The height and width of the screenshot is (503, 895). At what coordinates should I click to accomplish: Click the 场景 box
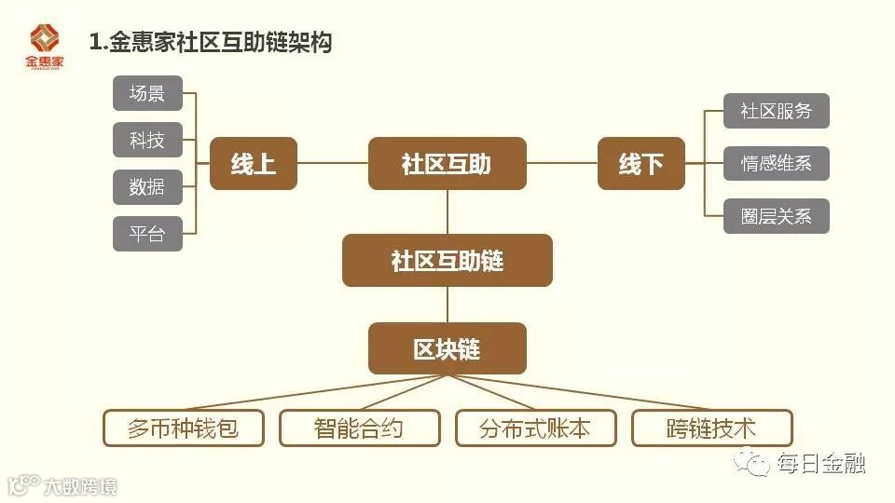coord(147,93)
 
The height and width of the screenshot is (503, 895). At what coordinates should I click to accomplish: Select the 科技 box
coord(147,141)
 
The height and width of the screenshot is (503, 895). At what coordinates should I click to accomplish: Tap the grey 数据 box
coord(147,187)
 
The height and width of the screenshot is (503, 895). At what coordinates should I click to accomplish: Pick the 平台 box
coord(147,234)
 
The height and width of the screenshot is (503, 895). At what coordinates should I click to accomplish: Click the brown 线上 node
coord(254,164)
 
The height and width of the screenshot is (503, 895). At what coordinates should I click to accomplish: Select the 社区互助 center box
coord(447,164)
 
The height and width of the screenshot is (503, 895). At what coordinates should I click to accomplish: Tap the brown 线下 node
coord(640,164)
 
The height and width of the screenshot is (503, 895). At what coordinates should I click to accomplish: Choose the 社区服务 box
coord(777,111)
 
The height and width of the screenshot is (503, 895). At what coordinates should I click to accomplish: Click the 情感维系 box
coord(777,164)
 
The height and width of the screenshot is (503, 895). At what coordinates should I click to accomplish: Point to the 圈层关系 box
coord(777,216)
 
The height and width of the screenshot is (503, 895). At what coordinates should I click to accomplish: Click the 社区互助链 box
coord(447,261)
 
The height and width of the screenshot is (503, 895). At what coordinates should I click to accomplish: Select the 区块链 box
coord(447,348)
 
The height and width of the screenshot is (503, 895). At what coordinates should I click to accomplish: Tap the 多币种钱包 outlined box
coord(183,428)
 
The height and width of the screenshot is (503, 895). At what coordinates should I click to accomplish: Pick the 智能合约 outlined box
coord(359,428)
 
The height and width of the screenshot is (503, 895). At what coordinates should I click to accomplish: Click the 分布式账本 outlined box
coord(535,428)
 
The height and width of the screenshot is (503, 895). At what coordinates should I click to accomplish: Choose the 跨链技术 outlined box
coord(711,428)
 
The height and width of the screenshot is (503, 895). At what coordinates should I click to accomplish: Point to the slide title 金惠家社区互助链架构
coord(211,42)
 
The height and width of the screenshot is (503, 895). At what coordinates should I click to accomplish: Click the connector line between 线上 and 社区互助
coord(333,164)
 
